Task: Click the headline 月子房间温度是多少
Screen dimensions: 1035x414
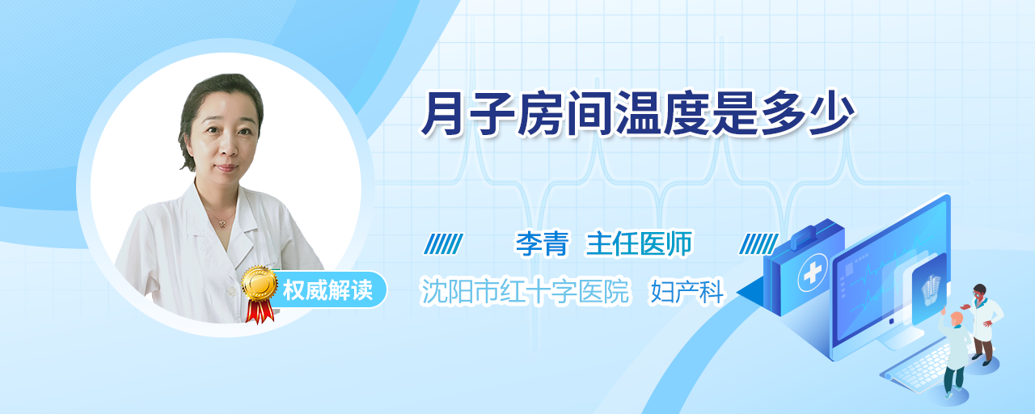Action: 639,114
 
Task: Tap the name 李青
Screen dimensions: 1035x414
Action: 542,244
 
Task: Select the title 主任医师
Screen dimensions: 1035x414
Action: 639,244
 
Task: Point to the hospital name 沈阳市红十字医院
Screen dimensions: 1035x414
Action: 525,292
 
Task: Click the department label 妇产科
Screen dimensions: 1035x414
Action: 686,292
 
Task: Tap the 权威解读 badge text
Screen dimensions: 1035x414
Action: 327,290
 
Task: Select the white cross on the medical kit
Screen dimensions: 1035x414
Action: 813,273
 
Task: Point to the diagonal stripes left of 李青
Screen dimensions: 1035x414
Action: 444,244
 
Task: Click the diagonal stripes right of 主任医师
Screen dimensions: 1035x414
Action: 758,244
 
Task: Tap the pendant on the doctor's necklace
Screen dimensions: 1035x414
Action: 222,224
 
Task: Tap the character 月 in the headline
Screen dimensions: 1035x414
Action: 442,114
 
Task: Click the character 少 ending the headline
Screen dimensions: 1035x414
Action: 832,114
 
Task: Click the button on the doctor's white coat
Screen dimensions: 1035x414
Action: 230,291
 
